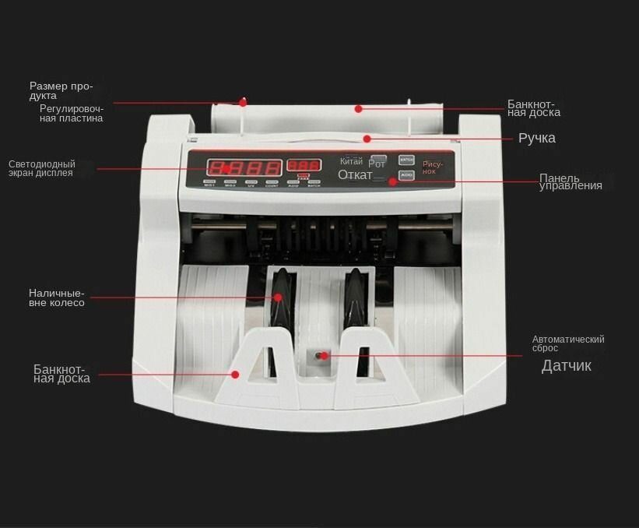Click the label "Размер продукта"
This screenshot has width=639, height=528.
61,90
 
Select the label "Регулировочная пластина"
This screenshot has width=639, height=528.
71,114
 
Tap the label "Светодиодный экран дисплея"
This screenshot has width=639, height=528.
42,168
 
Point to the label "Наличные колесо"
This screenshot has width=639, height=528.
56,297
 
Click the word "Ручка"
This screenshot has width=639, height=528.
537,139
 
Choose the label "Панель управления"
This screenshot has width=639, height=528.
570,182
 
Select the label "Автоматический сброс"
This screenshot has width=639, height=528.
567,343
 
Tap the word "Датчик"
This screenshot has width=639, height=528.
566,366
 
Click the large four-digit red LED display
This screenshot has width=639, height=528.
243,167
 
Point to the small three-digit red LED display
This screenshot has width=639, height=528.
303,166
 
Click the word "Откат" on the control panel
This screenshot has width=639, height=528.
355,175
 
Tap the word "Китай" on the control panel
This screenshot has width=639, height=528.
351,161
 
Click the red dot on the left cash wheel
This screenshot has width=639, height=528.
277,297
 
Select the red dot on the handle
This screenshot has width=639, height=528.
366,139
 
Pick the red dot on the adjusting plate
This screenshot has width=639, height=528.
243,102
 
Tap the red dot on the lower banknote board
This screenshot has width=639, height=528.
235,375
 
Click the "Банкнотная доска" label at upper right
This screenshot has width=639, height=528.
533,108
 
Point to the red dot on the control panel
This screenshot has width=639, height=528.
392,181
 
